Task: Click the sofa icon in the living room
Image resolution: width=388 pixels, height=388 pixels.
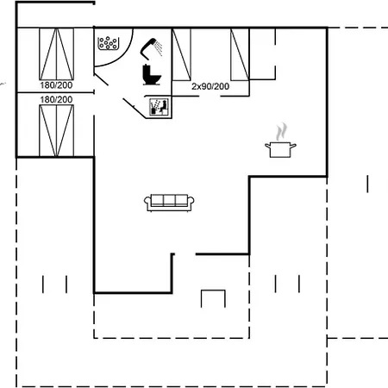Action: tap(169, 203)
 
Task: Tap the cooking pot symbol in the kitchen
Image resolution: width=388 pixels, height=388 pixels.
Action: tap(280, 150)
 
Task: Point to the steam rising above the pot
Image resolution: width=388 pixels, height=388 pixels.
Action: tap(281, 132)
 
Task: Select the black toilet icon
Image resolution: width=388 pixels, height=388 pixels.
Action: tap(152, 75)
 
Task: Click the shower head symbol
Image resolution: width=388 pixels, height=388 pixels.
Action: tap(148, 48)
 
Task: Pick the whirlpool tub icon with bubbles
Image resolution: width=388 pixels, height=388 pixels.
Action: tap(108, 43)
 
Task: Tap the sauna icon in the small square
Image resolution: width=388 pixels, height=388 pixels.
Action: tap(159, 107)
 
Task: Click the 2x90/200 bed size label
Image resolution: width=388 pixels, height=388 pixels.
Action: tap(210, 86)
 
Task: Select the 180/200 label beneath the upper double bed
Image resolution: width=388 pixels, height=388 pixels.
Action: tap(56, 85)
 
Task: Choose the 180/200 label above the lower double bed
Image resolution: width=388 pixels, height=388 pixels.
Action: tap(56, 100)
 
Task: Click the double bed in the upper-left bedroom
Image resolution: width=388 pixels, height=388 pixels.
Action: tap(57, 54)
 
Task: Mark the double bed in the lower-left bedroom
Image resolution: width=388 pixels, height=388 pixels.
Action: tap(57, 131)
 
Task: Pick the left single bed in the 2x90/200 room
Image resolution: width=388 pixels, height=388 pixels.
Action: tap(181, 54)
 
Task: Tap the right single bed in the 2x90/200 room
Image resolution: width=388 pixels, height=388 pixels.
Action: tap(240, 54)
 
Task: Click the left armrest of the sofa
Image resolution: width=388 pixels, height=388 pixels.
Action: tap(147, 203)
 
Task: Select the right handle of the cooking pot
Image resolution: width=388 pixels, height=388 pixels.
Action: tap(292, 146)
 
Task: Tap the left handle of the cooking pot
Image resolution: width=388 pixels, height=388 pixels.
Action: tap(268, 146)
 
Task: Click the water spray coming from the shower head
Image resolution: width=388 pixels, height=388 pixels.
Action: tap(159, 47)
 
